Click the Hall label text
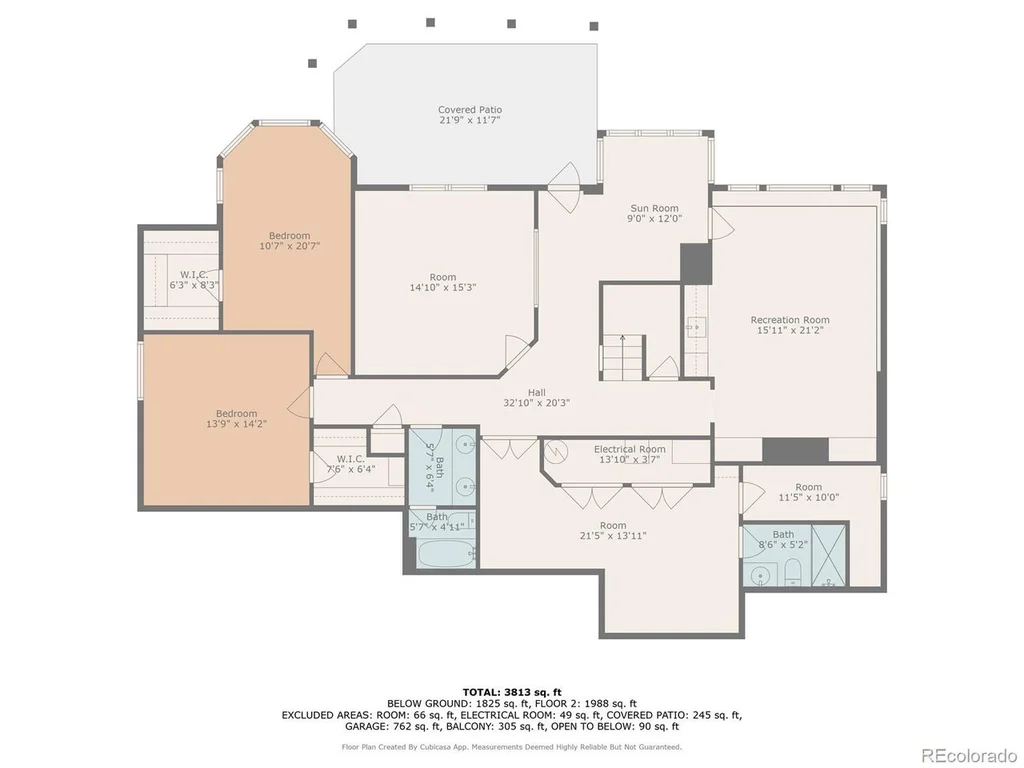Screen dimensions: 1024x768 coord(537,392)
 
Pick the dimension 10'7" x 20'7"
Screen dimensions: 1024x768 coord(289,246)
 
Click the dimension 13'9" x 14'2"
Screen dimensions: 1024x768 coord(236,424)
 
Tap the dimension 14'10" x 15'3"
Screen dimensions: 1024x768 coord(443,287)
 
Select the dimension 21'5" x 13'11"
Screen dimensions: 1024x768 coord(613,536)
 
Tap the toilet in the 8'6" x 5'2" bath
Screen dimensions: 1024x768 coord(793,572)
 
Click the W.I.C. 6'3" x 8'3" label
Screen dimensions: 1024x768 coord(194,280)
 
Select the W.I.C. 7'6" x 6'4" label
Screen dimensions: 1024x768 coord(351,464)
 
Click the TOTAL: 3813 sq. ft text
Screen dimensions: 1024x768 coord(512,692)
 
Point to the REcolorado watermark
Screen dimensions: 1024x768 coord(969,756)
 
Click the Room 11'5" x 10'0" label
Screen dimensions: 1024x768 coord(808,492)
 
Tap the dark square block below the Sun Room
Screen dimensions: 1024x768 coord(696,264)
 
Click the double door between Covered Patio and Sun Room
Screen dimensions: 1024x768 coord(564,187)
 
